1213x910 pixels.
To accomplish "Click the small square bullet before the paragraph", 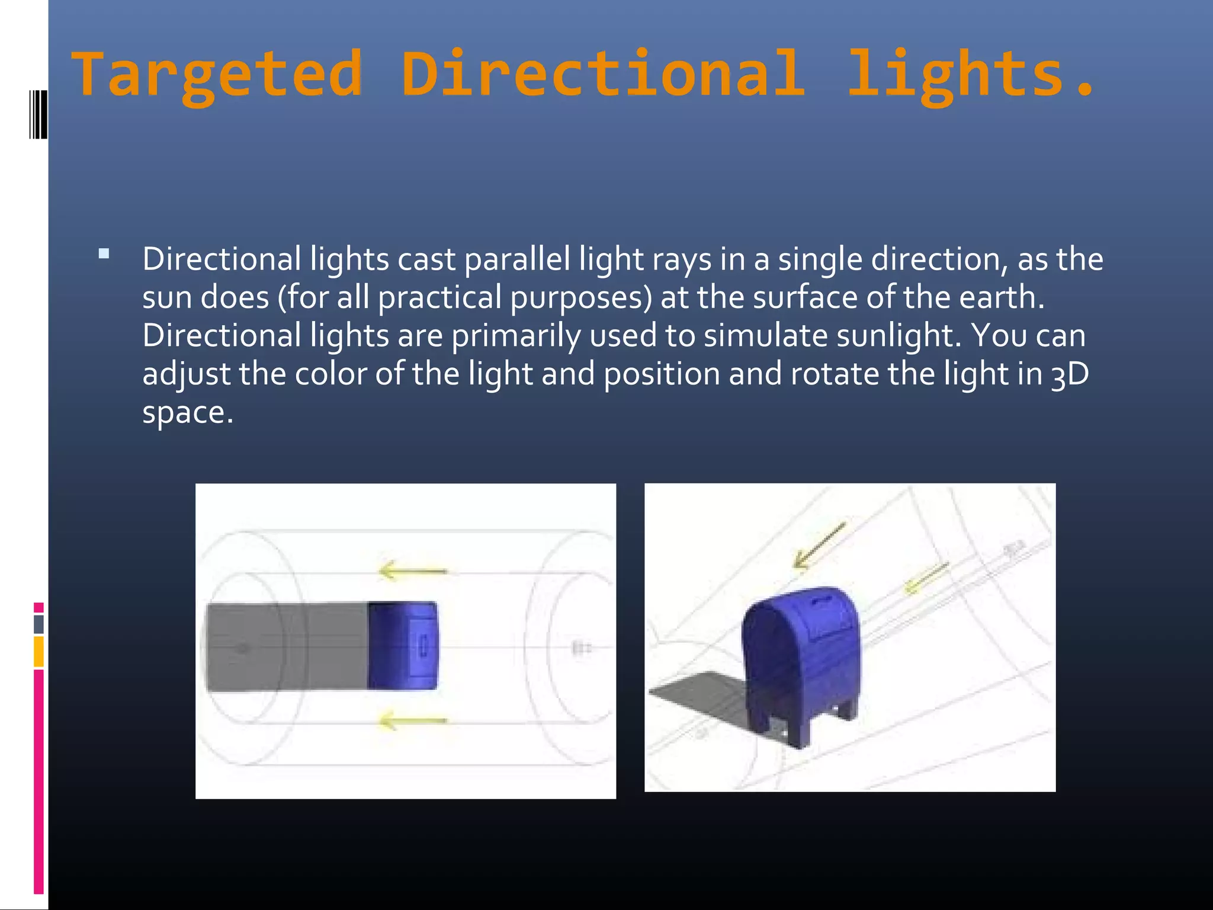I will pyautogui.click(x=104, y=255).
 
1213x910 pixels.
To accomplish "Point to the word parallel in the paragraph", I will pyautogui.click(x=517, y=259).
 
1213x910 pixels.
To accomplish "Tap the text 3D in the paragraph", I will pyautogui.click(x=1070, y=375).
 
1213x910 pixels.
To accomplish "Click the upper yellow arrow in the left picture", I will pyautogui.click(x=413, y=571).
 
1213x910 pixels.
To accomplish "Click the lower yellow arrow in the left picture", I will pyautogui.click(x=413, y=720).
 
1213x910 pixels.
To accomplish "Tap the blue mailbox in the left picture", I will pyautogui.click(x=403, y=646).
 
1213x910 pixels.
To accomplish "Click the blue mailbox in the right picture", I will pyautogui.click(x=800, y=664).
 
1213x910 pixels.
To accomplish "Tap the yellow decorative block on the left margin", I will pyautogui.click(x=38, y=651).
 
